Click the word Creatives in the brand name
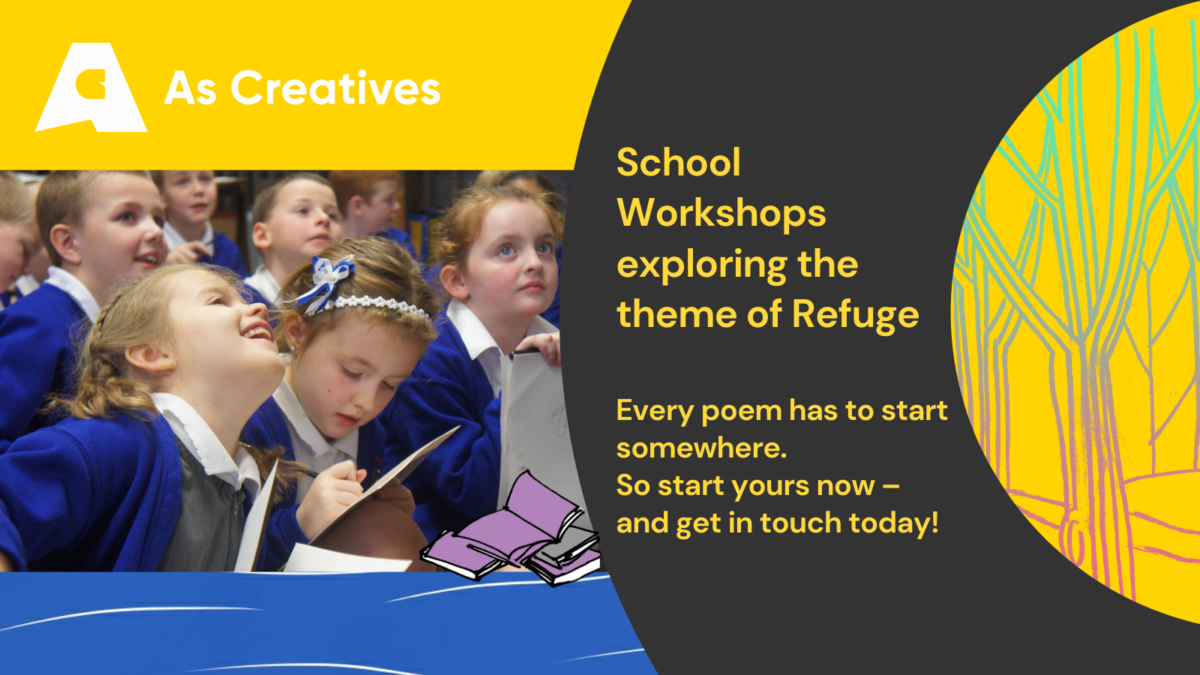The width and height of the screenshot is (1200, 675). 335,88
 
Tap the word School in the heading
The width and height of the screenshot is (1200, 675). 678,162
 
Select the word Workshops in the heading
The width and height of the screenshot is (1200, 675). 721,213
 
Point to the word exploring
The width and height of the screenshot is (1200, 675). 702,265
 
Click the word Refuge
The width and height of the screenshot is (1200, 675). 856,315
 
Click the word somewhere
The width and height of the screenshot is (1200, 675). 701,448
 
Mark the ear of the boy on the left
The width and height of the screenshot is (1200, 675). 64,244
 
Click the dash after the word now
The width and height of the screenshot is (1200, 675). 890,486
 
